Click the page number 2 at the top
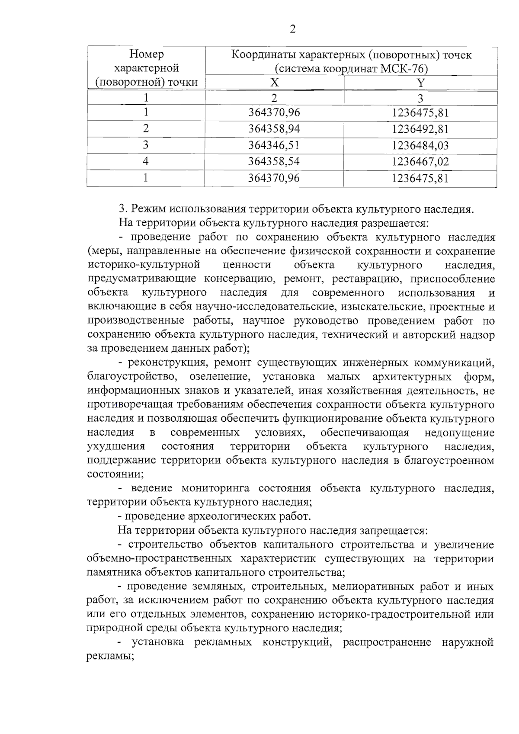pos(292,29)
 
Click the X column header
pos(275,83)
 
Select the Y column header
pos(420,83)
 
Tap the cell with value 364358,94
pos(274,129)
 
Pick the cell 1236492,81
pos(420,129)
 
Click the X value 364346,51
pos(274,145)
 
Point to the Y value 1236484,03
pos(420,145)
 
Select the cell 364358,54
pos(274,161)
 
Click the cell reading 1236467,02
pos(420,161)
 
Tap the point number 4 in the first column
pos(146,161)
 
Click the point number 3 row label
pos(146,145)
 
